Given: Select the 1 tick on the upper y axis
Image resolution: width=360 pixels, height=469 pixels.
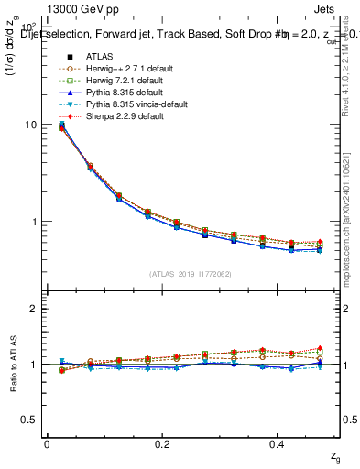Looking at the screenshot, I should (x=32, y=222).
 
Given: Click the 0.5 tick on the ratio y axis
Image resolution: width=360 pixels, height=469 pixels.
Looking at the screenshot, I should (x=28, y=420).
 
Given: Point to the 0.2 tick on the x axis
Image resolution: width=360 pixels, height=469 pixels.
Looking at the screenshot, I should (x=163, y=443).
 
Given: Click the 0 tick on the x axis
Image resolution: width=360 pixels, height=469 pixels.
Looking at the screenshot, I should (x=47, y=443).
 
